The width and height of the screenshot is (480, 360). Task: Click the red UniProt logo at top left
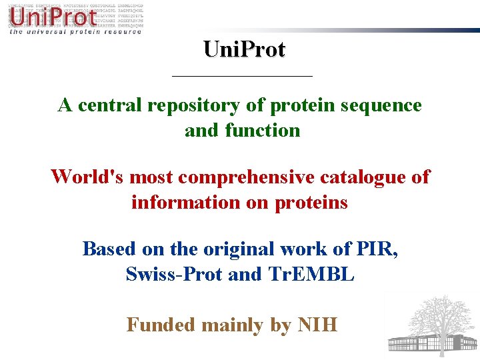pyautogui.click(x=52, y=16)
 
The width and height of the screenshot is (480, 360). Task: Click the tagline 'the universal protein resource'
pyautogui.click(x=75, y=31)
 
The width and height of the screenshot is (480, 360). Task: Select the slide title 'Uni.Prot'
pyautogui.click(x=244, y=49)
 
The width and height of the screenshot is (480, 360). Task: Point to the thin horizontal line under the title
pyautogui.click(x=242, y=77)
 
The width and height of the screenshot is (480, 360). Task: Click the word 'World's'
pyautogui.click(x=87, y=177)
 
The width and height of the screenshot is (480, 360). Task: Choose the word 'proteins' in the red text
pyautogui.click(x=311, y=202)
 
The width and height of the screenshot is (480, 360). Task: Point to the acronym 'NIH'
pyautogui.click(x=317, y=325)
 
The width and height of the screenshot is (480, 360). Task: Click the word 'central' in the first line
pyautogui.click(x=109, y=105)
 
